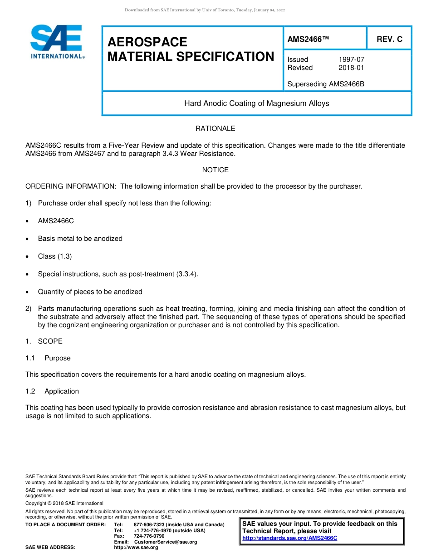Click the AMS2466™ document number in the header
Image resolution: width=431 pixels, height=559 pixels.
[308, 40]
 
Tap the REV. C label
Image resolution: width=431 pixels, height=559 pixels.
[389, 40]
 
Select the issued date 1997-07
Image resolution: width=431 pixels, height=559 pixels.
[351, 60]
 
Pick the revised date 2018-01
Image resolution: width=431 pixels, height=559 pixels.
[351, 68]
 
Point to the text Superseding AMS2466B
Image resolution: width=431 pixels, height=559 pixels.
[326, 84]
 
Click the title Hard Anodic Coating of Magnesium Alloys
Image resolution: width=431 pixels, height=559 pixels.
[256, 104]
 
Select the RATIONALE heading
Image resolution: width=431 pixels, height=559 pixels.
[215, 129]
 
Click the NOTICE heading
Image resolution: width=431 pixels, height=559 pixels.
[215, 170]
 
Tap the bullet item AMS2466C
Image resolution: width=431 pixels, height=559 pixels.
[56, 221]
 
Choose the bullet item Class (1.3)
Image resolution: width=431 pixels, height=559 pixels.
[55, 256]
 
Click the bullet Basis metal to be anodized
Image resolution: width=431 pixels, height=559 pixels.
[80, 239]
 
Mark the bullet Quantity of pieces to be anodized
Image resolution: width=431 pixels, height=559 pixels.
[90, 292]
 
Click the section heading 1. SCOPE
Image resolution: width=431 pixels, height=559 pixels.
[44, 341]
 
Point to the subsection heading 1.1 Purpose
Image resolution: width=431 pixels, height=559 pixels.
[48, 358]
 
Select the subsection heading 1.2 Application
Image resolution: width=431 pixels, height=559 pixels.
[52, 391]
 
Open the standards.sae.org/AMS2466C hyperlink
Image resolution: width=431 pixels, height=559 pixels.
[289, 539]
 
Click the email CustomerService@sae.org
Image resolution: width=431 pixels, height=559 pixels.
[166, 542]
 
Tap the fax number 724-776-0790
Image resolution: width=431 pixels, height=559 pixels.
[149, 536]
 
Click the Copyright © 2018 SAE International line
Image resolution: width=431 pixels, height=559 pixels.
[64, 504]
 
